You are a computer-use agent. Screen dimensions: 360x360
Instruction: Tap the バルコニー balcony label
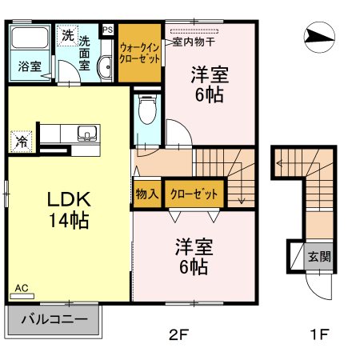pyautogui.click(x=54, y=319)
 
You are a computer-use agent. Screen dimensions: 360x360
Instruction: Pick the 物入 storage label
pyautogui.click(x=146, y=194)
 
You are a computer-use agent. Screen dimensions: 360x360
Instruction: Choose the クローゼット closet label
pyautogui.click(x=192, y=194)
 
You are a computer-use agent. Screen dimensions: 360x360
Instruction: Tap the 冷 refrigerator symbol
pyautogui.click(x=20, y=142)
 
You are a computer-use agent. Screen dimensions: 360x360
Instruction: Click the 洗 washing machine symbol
pyautogui.click(x=67, y=35)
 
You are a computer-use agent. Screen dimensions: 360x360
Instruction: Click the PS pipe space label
pyautogui.click(x=108, y=30)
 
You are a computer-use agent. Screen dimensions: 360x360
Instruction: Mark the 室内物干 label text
pyautogui.click(x=198, y=39)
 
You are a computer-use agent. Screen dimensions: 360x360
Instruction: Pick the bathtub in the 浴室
pyautogui.click(x=30, y=40)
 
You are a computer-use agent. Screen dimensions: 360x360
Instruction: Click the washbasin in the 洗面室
pyautogui.click(x=105, y=69)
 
